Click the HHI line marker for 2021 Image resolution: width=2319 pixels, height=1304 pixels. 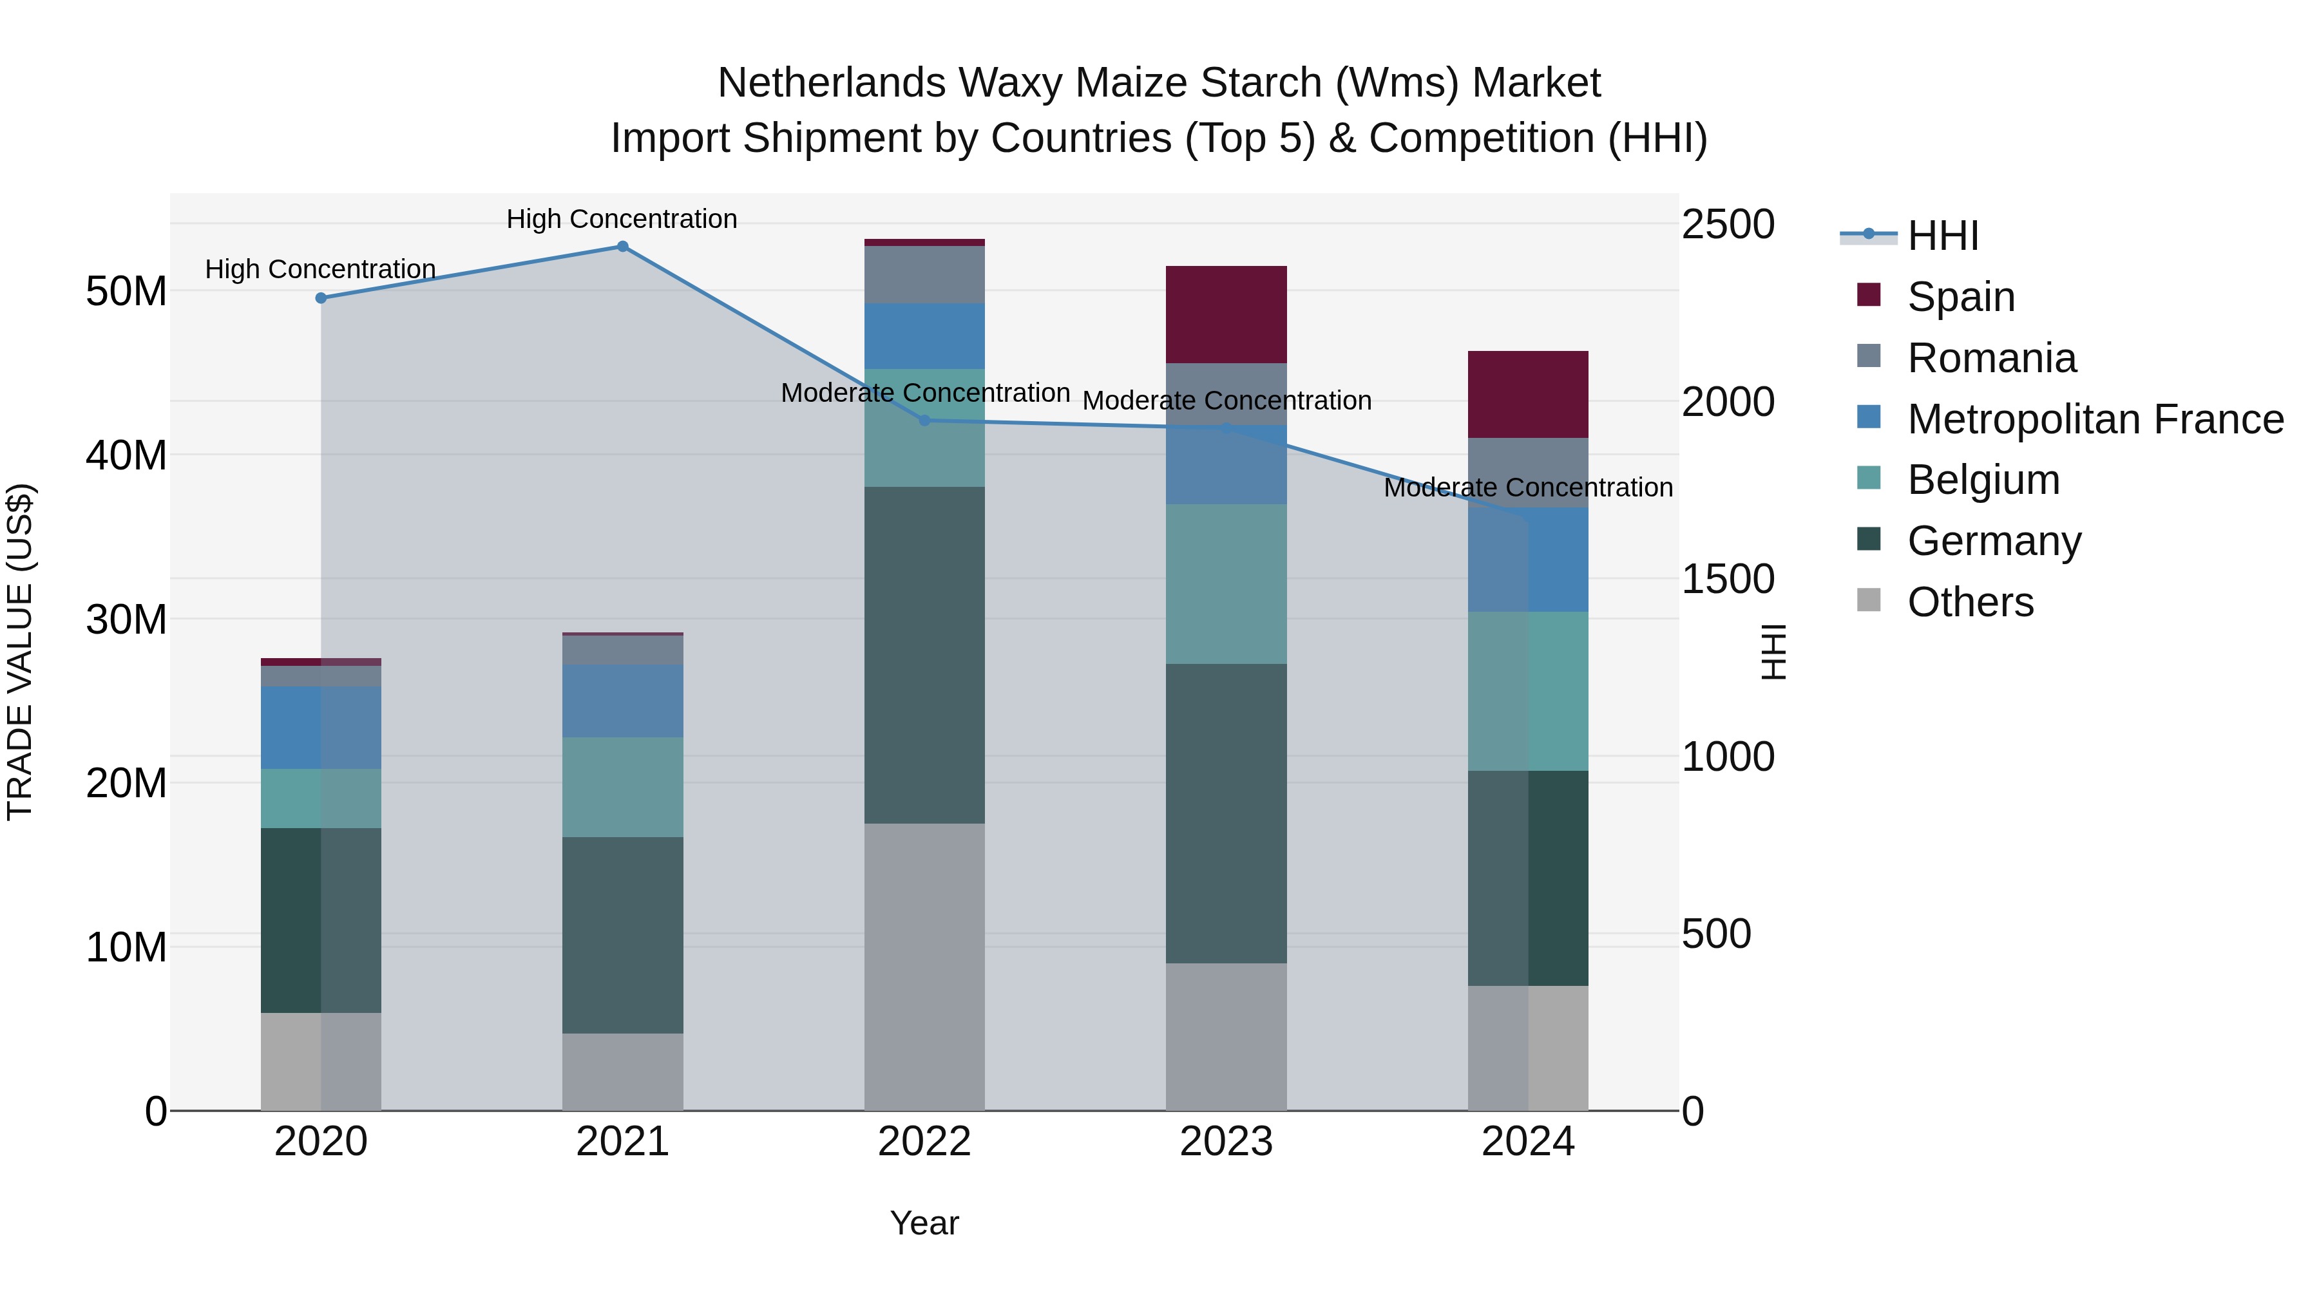(x=622, y=247)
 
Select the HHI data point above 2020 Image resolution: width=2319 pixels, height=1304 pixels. (x=321, y=298)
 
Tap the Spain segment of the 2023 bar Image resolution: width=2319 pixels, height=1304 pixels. (x=1225, y=314)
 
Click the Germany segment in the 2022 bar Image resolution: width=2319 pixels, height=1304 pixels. (x=924, y=654)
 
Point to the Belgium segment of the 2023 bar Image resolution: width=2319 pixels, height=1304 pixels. (x=1225, y=584)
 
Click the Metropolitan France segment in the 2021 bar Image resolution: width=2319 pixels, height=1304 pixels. (x=622, y=701)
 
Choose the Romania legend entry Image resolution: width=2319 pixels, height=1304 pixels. (x=1990, y=358)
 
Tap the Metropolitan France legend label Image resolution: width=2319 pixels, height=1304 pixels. (x=2094, y=419)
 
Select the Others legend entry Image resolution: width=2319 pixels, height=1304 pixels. (x=1970, y=602)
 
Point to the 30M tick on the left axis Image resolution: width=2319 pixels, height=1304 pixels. (x=126, y=619)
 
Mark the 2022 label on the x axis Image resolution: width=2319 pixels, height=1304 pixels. (x=924, y=1142)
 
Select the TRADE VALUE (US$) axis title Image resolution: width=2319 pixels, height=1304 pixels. (x=20, y=652)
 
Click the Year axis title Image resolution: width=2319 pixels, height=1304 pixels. (x=924, y=1223)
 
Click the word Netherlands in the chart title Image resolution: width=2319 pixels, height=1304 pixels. (x=831, y=83)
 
